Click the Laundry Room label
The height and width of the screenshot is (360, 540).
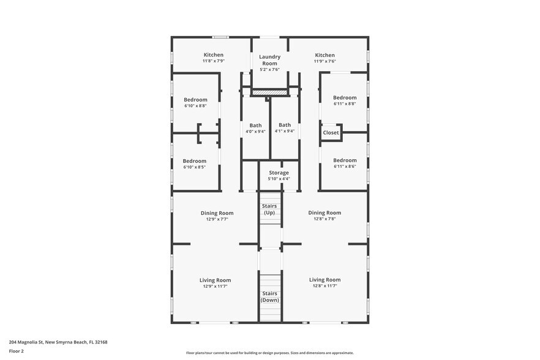point(269,60)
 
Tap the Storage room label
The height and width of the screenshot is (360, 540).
point(279,173)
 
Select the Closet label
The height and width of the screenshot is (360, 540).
point(331,133)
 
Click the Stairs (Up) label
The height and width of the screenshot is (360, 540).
point(269,209)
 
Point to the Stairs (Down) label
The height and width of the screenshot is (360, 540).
point(269,296)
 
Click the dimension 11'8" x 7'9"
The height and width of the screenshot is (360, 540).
point(214,61)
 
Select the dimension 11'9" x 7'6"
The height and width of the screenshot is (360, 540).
point(324,61)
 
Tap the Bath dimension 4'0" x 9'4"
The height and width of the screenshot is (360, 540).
point(255,131)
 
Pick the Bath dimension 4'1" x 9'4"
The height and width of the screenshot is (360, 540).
point(285,131)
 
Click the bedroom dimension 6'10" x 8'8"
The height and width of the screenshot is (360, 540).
point(195,106)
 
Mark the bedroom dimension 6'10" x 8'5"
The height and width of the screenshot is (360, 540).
point(195,167)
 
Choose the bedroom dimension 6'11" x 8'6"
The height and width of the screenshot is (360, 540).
point(345,166)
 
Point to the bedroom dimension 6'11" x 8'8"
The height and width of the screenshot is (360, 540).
point(345,103)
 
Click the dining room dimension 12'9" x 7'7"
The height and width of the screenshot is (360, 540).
point(217,219)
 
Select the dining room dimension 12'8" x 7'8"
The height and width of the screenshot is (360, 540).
point(324,219)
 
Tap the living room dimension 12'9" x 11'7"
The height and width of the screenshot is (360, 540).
point(216,287)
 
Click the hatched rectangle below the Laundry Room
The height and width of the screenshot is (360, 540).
point(269,92)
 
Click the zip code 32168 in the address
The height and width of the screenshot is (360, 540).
point(101,342)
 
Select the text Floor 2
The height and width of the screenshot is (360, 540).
point(16,351)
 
